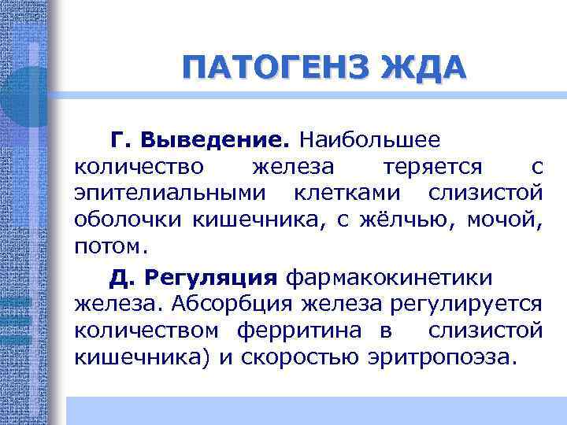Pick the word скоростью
316,357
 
